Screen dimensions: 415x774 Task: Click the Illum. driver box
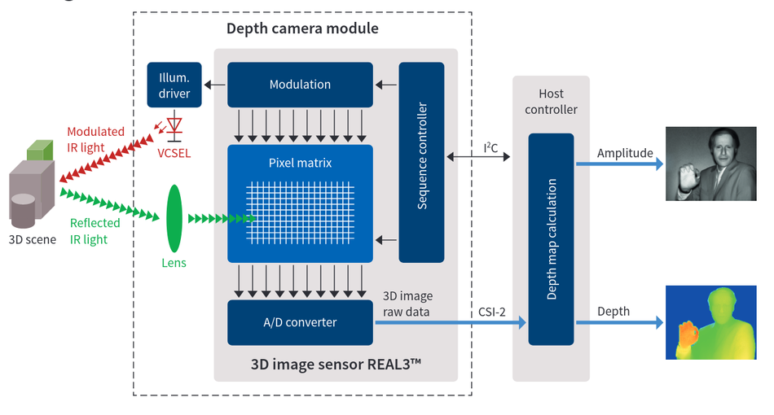click(174, 85)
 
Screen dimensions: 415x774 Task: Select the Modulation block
click(300, 85)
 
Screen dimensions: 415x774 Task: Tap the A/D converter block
click(300, 322)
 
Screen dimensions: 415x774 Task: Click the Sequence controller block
click(422, 162)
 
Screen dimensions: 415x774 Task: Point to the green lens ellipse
click(174, 218)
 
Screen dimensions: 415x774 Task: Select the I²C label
click(490, 147)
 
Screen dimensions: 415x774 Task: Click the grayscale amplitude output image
click(710, 164)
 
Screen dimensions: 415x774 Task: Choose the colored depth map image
click(710, 322)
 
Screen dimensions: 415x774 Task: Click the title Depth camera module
click(302, 29)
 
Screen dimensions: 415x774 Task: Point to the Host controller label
click(551, 102)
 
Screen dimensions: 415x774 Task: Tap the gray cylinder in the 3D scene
click(23, 209)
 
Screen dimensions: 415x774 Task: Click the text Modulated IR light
click(96, 139)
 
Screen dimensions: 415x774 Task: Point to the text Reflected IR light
click(95, 231)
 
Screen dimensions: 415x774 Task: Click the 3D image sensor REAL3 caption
click(336, 364)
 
